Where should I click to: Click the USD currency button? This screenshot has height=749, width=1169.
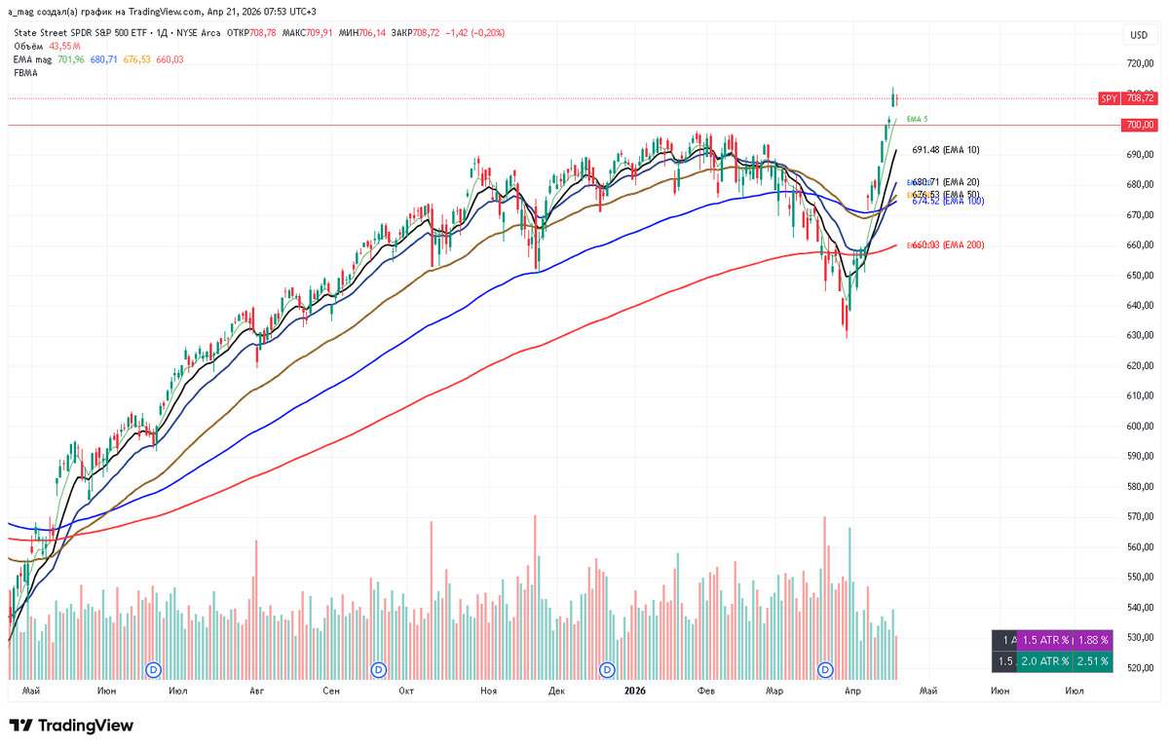[x=1138, y=35]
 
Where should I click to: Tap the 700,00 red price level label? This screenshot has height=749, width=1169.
[x=1140, y=125]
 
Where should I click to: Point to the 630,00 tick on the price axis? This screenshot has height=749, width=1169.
[x=1140, y=336]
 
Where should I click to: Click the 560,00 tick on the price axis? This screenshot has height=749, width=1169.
[x=1140, y=547]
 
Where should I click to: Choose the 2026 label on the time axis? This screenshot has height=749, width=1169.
[x=634, y=691]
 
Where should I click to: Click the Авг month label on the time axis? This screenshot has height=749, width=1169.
[x=256, y=691]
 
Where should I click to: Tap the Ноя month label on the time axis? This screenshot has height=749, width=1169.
[x=489, y=691]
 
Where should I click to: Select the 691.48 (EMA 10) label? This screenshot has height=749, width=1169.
[x=945, y=150]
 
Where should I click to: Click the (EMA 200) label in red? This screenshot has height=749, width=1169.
[x=962, y=245]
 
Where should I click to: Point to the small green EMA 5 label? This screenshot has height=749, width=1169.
[x=917, y=119]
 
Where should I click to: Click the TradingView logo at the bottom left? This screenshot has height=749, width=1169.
[x=71, y=726]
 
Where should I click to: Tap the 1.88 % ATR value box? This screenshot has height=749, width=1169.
[x=1094, y=640]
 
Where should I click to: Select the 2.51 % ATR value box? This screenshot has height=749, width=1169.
[x=1094, y=661]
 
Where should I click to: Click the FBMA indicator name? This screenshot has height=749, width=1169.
[x=25, y=73]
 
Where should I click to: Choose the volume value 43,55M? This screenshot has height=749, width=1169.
[x=63, y=47]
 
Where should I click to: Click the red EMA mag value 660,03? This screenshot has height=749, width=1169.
[x=170, y=60]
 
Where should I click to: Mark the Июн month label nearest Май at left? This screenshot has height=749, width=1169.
[x=107, y=691]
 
